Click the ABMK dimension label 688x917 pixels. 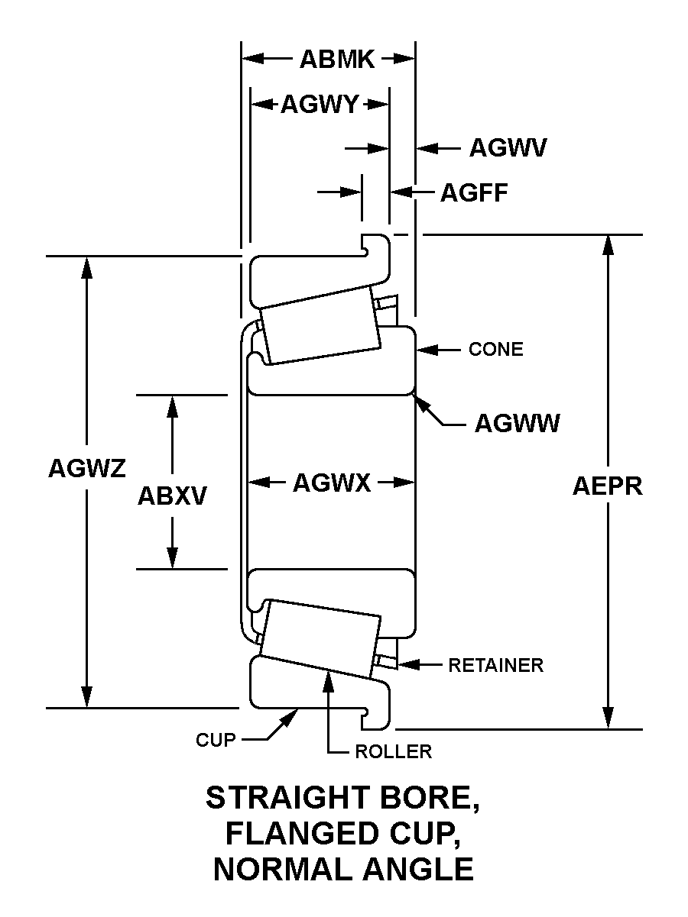coord(337,60)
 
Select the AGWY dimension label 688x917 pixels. coord(319,105)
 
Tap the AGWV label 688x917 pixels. coord(508,148)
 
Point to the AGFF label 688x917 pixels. coord(474,192)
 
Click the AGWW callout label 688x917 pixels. coord(517,423)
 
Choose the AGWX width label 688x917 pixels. coord(332,483)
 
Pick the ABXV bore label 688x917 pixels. coord(172,496)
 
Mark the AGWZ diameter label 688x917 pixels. coord(86,467)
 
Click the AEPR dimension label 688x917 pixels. coord(608,486)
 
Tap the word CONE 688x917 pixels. coord(496,350)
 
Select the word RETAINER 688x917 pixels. coord(495,665)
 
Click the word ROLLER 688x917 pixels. coord(394,752)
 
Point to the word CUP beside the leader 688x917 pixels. coord(216,740)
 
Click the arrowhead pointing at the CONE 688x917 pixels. coord(423,350)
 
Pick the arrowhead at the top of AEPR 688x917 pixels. coord(608,244)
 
